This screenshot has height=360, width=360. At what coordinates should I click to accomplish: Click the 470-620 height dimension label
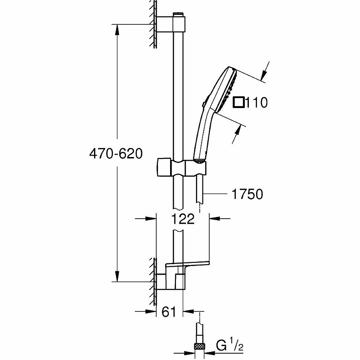click(x=116, y=153)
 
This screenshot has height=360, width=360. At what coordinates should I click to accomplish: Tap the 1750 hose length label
click(x=247, y=194)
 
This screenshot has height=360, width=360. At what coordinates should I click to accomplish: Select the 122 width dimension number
click(x=183, y=219)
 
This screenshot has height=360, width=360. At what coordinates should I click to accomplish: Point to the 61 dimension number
click(x=169, y=311)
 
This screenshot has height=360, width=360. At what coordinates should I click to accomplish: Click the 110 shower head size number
click(x=256, y=103)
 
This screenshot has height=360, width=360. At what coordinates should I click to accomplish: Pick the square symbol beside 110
click(x=239, y=103)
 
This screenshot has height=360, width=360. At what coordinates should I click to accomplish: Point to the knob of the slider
click(x=164, y=167)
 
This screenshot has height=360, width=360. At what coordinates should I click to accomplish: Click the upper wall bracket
click(x=171, y=23)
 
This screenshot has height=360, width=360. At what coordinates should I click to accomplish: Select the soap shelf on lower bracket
click(x=187, y=265)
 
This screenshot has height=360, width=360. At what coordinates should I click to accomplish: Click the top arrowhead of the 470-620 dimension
click(x=117, y=30)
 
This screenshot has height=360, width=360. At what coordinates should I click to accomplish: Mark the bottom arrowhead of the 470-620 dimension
click(x=117, y=276)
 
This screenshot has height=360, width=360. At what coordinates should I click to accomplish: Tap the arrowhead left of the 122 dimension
click(x=151, y=219)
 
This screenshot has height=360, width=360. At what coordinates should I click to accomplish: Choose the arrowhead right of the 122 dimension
click(x=215, y=219)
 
